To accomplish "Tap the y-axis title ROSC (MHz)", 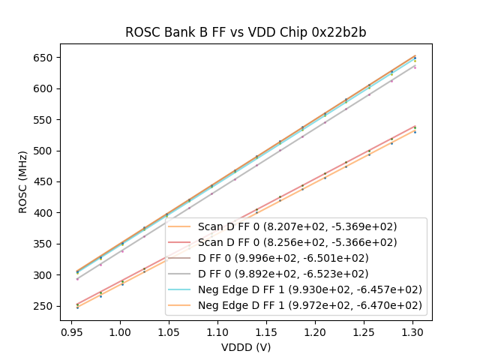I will tap(23, 181).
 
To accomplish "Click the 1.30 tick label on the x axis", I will tap(412, 330).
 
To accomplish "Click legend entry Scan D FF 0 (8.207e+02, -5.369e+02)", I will tap(298, 226).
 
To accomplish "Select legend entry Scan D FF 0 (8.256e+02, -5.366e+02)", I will tap(298, 242).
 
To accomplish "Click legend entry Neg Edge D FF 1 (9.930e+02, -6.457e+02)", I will tap(310, 289).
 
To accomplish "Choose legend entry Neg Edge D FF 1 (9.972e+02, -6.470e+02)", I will tap(310, 305).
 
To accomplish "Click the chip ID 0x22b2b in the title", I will tap(340, 32).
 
